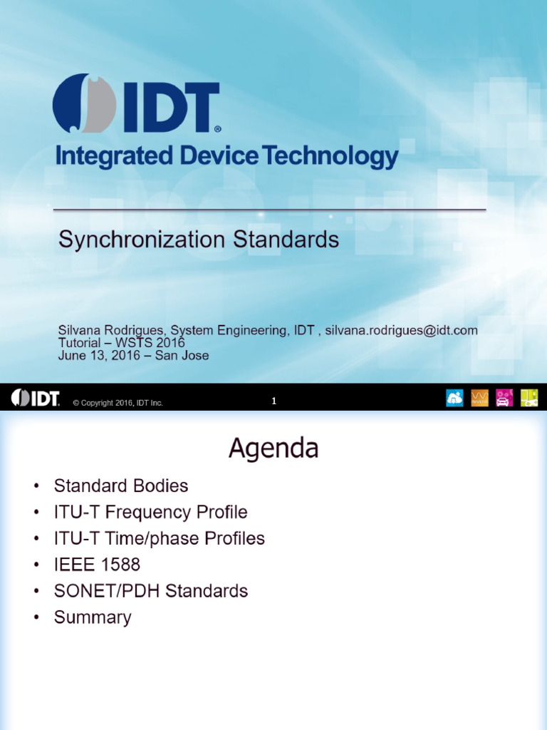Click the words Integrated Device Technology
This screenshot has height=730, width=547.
point(226,155)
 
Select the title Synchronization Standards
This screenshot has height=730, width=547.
point(198,240)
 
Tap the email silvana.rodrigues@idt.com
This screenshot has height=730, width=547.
point(401,331)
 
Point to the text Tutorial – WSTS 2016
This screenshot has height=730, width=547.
point(121,343)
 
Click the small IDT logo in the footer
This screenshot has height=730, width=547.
point(35,399)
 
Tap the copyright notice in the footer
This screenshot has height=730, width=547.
point(118,403)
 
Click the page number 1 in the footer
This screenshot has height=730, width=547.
point(273,401)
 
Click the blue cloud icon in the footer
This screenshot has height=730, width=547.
point(454,398)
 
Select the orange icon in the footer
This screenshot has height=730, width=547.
point(480,398)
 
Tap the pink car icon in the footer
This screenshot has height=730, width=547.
point(504,398)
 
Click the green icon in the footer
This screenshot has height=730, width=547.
point(528,398)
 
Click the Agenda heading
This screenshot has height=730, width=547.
point(273,448)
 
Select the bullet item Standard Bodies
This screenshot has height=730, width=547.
point(121,486)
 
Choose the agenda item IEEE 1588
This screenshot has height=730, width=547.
point(97,565)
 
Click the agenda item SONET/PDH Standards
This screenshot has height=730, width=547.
point(150,591)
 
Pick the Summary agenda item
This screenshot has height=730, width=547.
point(93,617)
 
